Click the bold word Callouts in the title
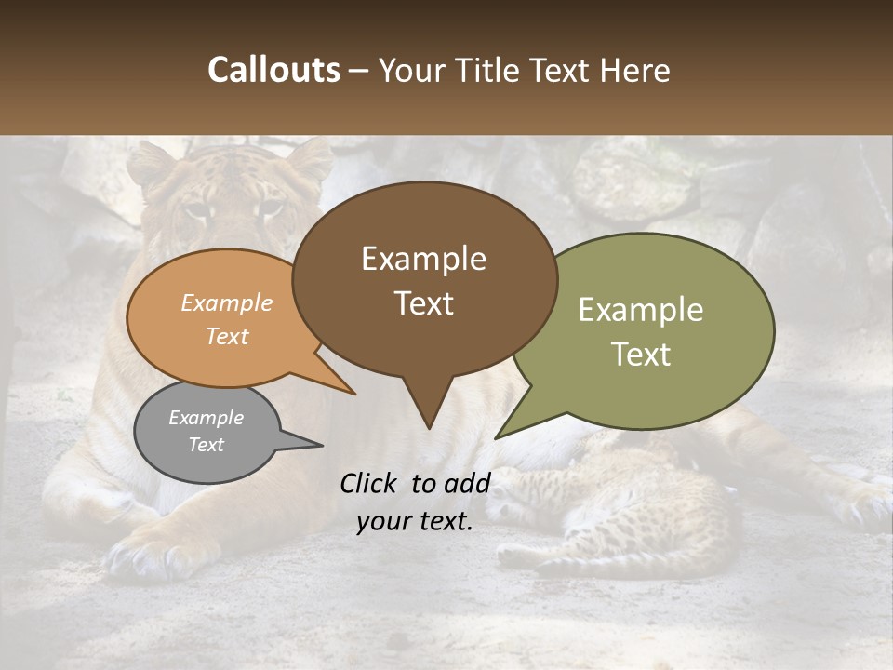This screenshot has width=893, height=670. click(273, 70)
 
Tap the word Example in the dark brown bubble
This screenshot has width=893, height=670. click(423, 259)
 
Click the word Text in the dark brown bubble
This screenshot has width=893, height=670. click(423, 303)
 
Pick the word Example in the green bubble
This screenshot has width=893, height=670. click(641, 310)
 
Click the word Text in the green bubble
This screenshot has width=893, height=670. click(641, 355)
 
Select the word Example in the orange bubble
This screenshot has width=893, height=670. click(227, 303)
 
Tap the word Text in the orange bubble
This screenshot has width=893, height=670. click(227, 336)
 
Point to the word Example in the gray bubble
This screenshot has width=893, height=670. click(206, 418)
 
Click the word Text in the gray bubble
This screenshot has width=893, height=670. click(206, 445)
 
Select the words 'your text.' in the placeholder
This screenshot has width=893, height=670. click(415, 521)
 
